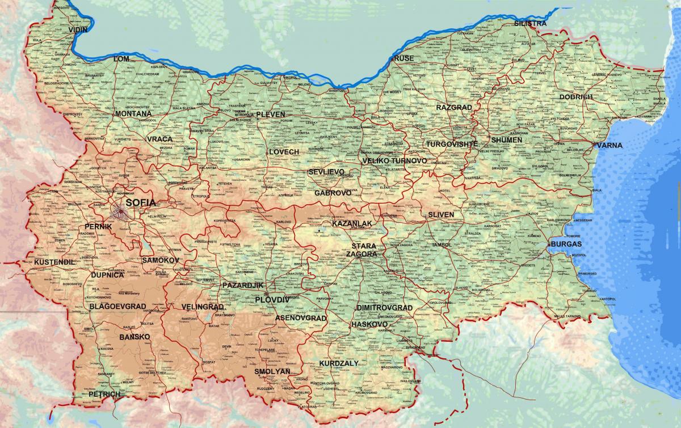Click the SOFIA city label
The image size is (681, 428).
(x=141, y=202)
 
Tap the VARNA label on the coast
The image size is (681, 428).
(x=609, y=145)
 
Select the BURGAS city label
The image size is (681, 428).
(x=565, y=244)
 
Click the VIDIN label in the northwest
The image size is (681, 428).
(x=78, y=28)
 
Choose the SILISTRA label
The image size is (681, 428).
(x=530, y=23)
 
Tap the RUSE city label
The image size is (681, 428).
(x=403, y=58)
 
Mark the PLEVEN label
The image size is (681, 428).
(x=270, y=114)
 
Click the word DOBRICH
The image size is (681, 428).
(x=576, y=97)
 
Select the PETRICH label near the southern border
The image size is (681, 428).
(x=104, y=393)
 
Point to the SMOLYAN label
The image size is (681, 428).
(x=272, y=371)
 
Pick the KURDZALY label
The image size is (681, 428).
(x=339, y=362)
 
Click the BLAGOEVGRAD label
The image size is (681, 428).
(x=118, y=306)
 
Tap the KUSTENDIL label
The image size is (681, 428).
(x=54, y=262)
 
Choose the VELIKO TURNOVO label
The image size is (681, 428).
(x=394, y=161)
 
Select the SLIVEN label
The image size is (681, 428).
(x=441, y=215)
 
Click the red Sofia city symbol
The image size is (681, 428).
(x=121, y=213)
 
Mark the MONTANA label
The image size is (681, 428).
(x=133, y=113)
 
